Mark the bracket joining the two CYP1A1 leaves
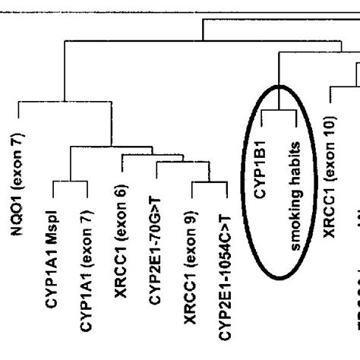pyautogui.click(x=71, y=182)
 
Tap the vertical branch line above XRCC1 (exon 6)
pyautogui.click(x=123, y=166)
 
